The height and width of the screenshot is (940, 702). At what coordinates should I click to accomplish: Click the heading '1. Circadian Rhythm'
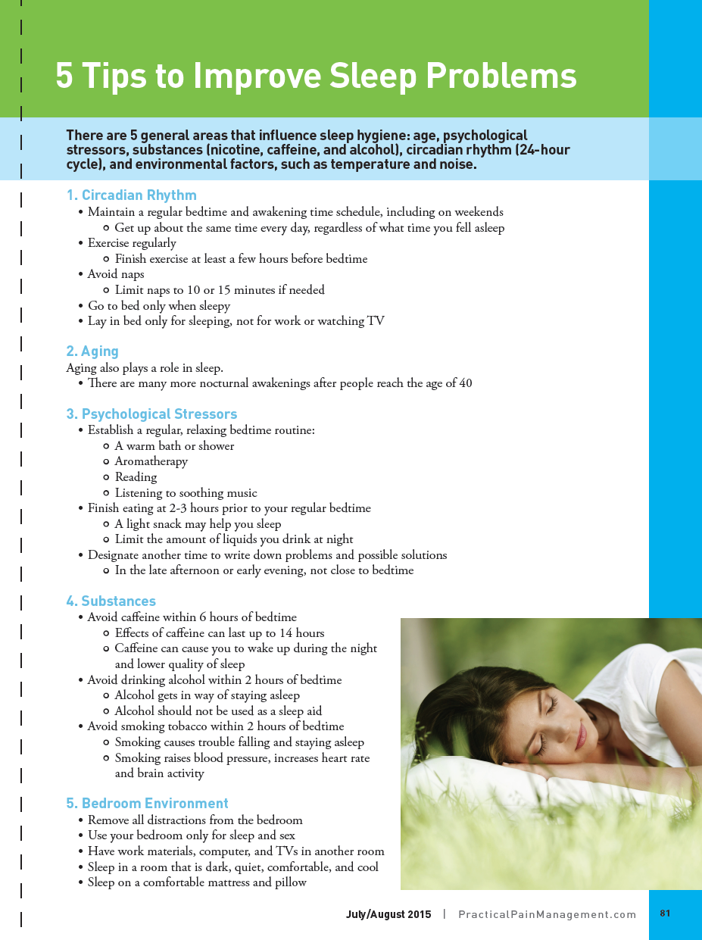(x=131, y=195)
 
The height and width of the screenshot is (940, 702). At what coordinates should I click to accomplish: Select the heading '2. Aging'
(x=92, y=351)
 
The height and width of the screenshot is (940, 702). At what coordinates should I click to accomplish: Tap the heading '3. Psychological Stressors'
(x=151, y=414)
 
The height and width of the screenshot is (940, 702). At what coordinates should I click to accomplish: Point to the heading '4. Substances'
(x=111, y=601)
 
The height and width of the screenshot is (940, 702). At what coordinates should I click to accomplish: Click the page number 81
(x=665, y=913)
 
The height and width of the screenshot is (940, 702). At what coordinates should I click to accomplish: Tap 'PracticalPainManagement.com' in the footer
(x=547, y=914)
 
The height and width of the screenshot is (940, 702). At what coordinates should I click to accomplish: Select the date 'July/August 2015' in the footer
(x=388, y=914)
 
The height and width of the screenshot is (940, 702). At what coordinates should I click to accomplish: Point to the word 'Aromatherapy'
(x=151, y=461)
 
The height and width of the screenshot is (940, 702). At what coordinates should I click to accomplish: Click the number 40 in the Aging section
(x=465, y=383)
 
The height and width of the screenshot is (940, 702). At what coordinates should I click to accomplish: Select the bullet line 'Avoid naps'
(x=115, y=274)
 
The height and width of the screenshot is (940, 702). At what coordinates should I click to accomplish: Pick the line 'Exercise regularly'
(x=132, y=243)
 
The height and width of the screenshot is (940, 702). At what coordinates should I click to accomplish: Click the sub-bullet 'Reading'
(x=136, y=477)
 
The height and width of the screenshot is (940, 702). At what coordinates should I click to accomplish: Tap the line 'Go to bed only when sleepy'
(x=158, y=306)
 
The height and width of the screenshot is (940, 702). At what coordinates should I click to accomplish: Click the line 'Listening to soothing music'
(x=186, y=493)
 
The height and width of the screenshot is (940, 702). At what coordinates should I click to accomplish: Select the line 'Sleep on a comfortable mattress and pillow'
(x=197, y=882)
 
